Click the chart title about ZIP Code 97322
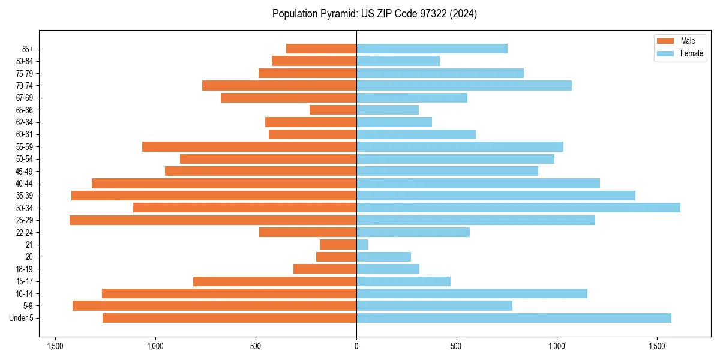tap(374, 14)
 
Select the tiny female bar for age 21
tap(362, 245)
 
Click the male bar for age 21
tap(338, 245)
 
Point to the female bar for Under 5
tap(514, 318)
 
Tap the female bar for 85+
tap(431, 49)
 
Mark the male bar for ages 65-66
tap(333, 110)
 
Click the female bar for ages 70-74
tap(464, 85)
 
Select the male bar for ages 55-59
tap(249, 147)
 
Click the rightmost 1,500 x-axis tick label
tap(657, 347)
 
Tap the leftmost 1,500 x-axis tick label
tap(55, 347)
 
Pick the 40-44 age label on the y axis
tap(25, 184)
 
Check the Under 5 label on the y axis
tap(22, 318)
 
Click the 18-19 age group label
tap(25, 269)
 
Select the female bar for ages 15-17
tap(403, 281)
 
